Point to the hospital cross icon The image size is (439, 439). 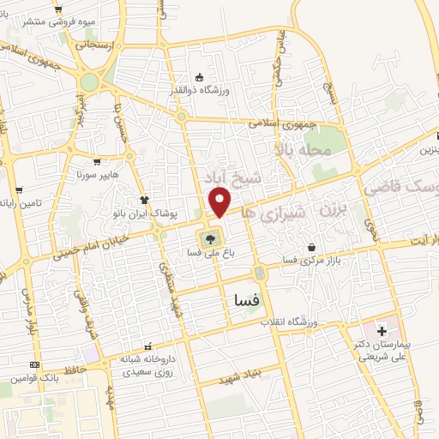tap(382, 330)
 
